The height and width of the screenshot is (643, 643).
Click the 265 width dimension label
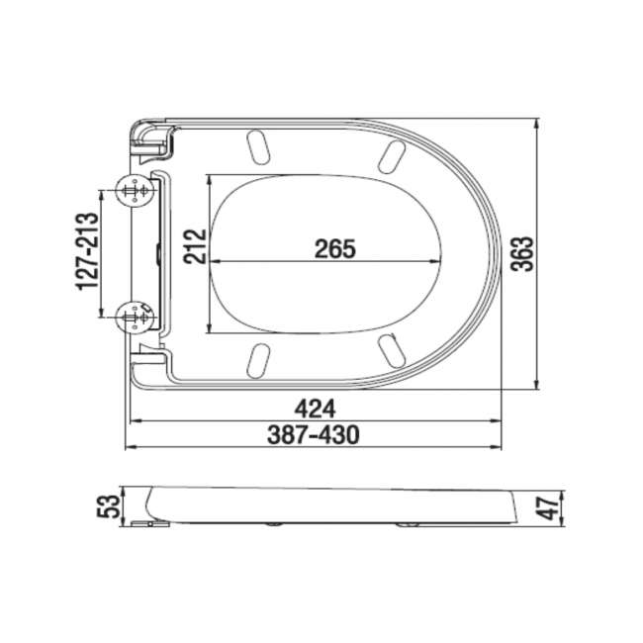(334, 248)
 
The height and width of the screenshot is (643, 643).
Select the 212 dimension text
(195, 246)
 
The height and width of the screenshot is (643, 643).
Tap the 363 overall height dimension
(524, 256)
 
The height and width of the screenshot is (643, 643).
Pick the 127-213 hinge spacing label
(86, 252)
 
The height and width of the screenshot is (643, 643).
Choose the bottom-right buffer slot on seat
(391, 350)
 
